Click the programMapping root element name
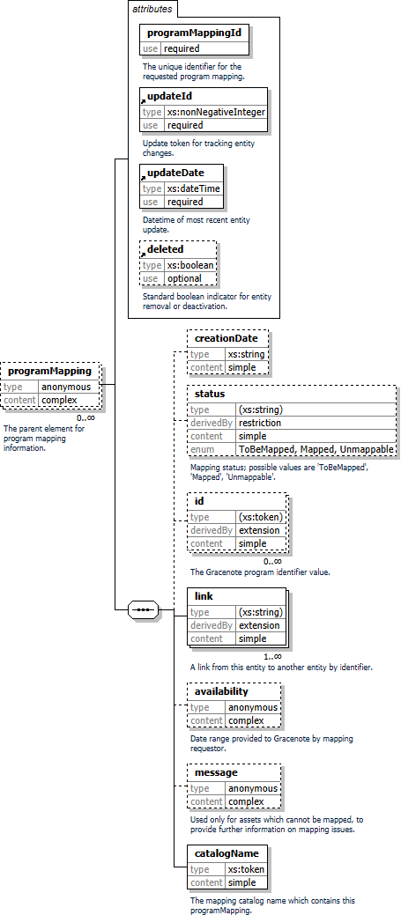coord(50,371)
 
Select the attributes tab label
coord(152,9)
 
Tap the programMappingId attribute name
coord(194,33)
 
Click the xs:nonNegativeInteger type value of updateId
coord(216,112)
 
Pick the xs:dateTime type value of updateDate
coord(194,188)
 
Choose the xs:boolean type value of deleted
coord(190,265)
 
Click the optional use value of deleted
coord(184,278)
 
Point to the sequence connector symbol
coord(143,609)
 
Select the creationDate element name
coord(226,338)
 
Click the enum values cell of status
coord(316,449)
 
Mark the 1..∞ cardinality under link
coord(272,655)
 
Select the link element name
coord(204,596)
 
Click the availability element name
coord(221,691)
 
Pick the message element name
coord(216,772)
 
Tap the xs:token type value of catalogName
coord(245,869)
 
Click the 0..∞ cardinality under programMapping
coord(85,417)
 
